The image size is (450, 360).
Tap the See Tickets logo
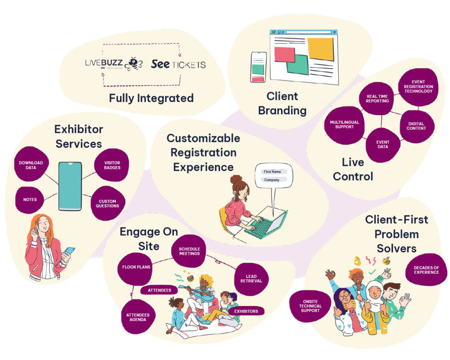[178, 64]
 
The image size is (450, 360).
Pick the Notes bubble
[30, 199]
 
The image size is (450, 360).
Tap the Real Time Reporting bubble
[377, 98]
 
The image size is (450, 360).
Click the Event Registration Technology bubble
[418, 86]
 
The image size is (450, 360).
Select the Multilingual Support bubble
[342, 124]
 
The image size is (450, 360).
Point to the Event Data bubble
[382, 144]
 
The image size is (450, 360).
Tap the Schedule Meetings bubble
[189, 251]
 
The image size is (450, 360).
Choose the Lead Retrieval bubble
[254, 278]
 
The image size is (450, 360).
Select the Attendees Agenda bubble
[138, 317]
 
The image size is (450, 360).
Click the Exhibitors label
[246, 311]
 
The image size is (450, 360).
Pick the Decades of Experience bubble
[426, 269]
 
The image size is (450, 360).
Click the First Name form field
[275, 171]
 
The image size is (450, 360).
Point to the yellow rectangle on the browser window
[320, 49]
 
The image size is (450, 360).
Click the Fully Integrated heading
[151, 98]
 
